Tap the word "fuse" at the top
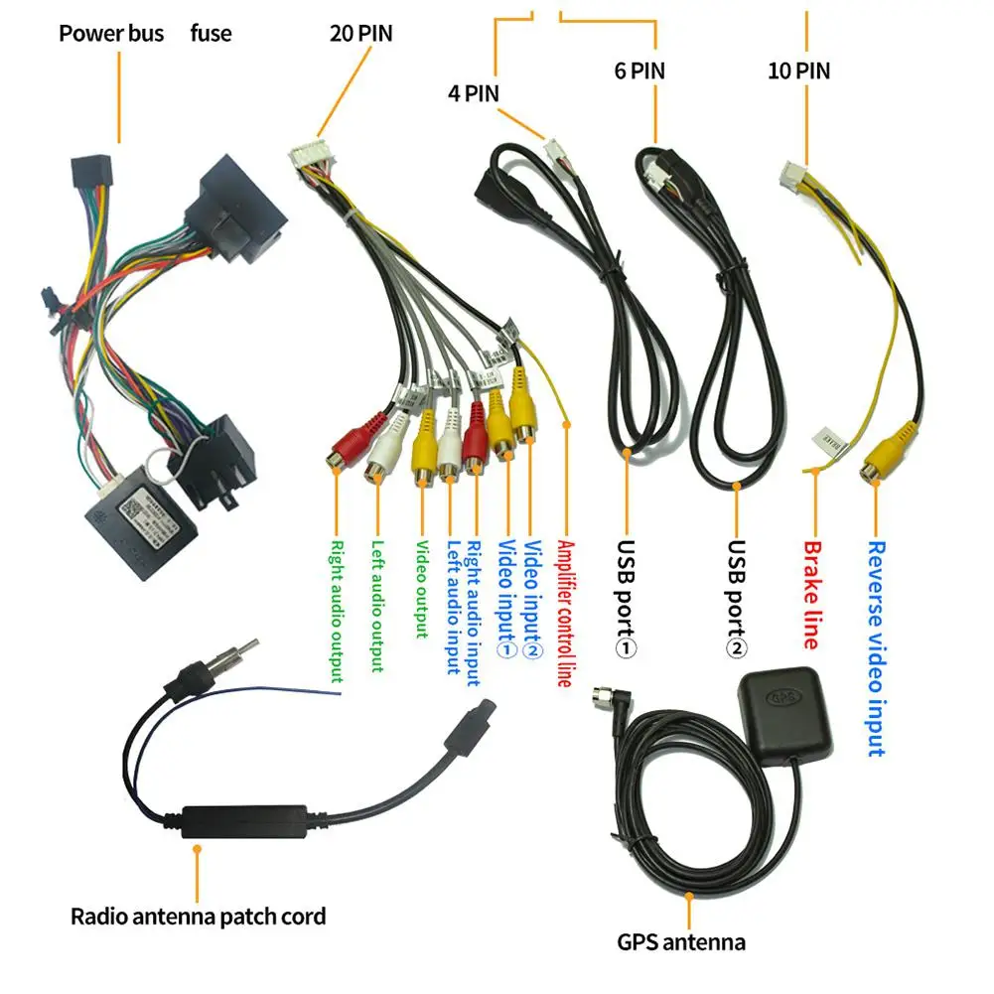211,33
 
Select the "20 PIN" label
360,33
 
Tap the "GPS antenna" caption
680,941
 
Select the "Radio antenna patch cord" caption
198,916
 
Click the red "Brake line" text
811,594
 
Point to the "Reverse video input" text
876,647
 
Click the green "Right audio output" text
337,611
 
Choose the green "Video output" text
421,589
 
